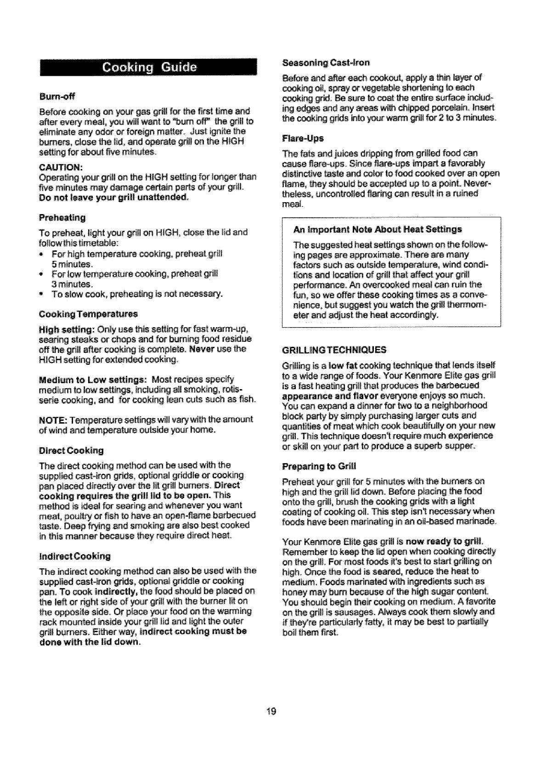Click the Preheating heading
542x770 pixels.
click(x=62, y=217)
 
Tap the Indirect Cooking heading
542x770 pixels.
click(x=75, y=556)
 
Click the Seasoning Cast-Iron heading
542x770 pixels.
click(x=326, y=62)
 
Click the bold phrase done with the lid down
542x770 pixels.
click(x=89, y=641)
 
